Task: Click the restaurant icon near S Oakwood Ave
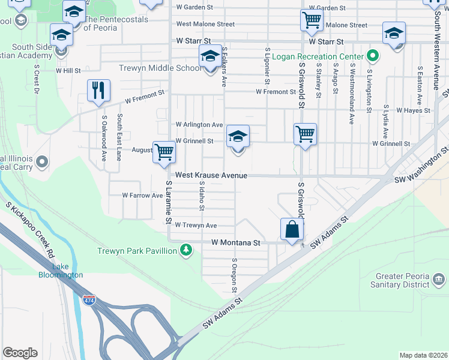98,90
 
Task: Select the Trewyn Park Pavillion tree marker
187,249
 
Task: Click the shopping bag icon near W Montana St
292,229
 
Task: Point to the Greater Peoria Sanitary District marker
439,279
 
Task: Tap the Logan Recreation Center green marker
373,57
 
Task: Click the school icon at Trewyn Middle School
210,58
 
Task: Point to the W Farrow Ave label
142,196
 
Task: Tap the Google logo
20,353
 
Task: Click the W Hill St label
68,71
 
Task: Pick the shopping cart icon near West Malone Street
312,20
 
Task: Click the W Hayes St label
413,110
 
